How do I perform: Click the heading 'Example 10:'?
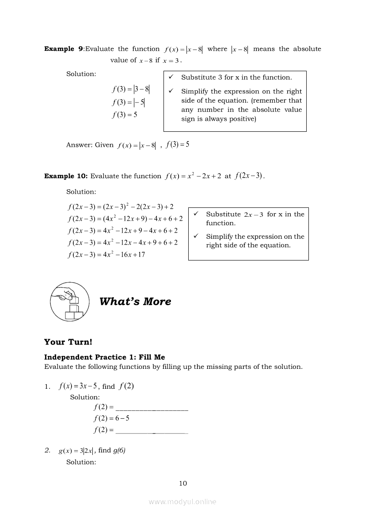point(66,176)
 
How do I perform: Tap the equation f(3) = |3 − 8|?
point(131,90)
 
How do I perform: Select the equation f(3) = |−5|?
point(128,103)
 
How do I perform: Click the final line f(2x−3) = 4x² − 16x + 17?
point(106,255)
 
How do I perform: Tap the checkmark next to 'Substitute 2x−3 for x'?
point(196,214)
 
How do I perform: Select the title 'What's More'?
point(135,302)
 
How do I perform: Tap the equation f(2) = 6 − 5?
point(111,418)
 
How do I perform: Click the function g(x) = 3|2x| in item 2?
point(76,451)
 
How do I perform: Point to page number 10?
point(183,483)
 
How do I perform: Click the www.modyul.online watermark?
point(182,502)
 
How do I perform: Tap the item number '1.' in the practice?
point(47,387)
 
